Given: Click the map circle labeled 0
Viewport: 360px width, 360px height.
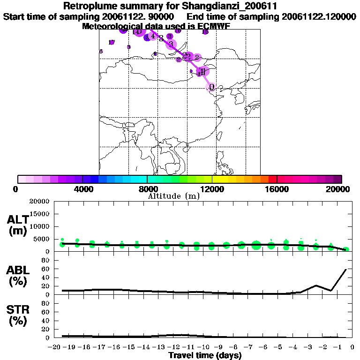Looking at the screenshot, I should (212, 87).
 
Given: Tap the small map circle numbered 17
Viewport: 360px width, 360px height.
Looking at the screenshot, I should (112, 43).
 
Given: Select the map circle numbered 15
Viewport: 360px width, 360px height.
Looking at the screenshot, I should (205, 32).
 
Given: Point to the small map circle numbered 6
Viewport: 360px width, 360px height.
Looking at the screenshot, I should (101, 52).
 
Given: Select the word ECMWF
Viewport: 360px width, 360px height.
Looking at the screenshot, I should (213, 26).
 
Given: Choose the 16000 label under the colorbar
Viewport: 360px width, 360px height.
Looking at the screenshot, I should (277, 189).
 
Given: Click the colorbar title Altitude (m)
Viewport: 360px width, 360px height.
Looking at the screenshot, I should (173, 196).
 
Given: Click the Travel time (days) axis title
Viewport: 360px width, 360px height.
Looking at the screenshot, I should (205, 356).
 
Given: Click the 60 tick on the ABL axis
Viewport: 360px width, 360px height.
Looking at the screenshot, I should (46, 269).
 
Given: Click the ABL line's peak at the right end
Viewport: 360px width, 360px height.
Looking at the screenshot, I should (346, 270).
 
